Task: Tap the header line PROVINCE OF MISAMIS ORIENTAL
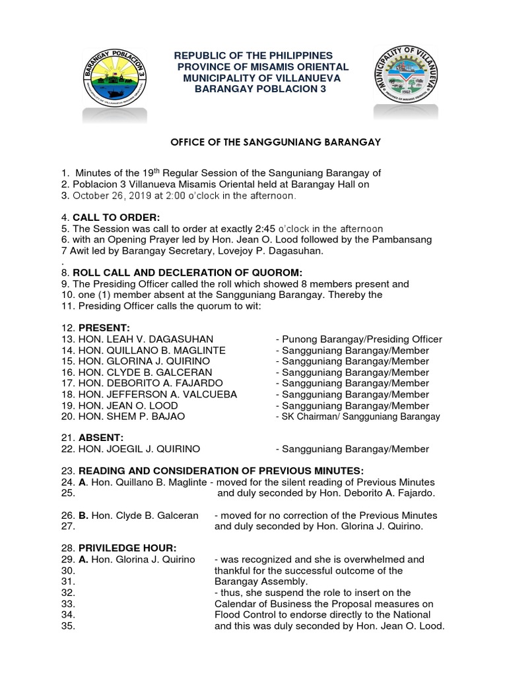click(x=263, y=68)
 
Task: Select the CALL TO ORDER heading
click(x=116, y=218)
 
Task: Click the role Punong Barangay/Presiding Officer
click(x=358, y=339)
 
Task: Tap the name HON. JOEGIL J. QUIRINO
click(x=139, y=450)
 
